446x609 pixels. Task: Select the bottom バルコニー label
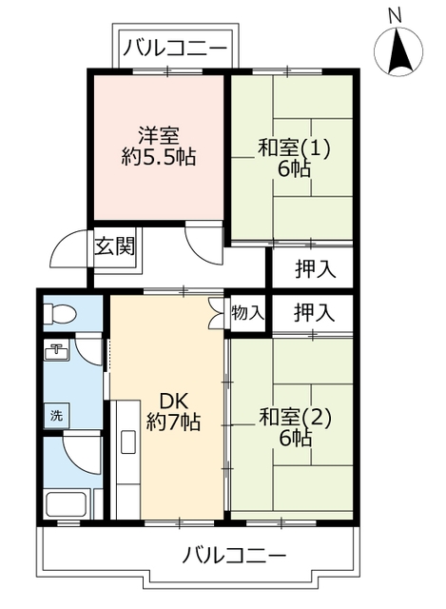pos(234,554)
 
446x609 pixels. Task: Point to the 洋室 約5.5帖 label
pos(158,147)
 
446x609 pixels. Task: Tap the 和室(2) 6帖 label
pos(295,426)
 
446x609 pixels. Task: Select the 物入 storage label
pos(247,313)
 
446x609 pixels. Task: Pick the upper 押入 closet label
pos(315,268)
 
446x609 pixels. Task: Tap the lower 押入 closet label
pos(315,311)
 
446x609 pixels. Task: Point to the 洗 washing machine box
pos(55,415)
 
